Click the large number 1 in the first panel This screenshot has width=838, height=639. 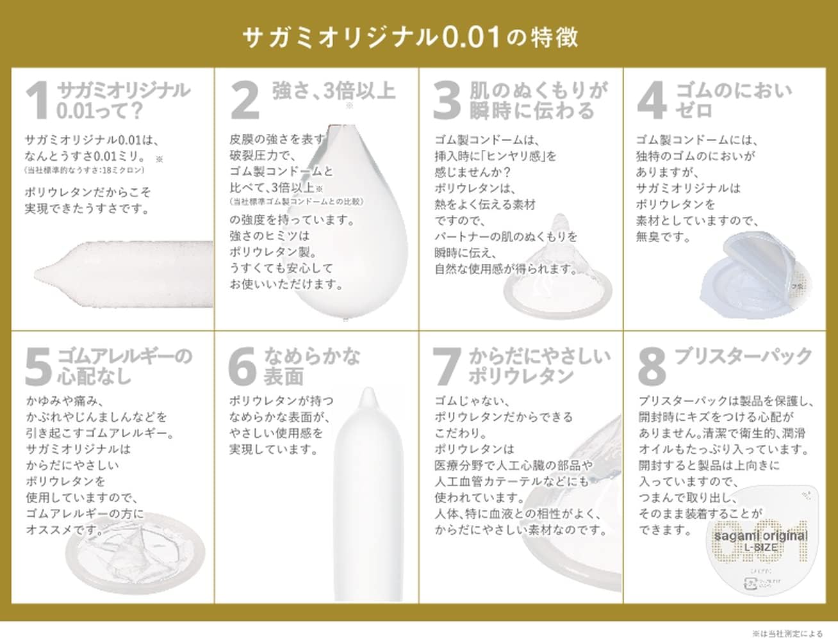pos(38,100)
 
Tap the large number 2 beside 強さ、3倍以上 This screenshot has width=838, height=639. pos(245,100)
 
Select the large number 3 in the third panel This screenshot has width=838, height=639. pos(447,100)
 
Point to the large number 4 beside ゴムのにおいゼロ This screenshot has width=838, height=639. pos(652,100)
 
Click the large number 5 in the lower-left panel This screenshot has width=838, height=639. pos(38,366)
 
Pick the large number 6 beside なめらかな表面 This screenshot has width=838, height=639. pos(243,366)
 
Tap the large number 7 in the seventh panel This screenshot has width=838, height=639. pos(447,366)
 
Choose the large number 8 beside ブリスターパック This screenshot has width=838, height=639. pos(652,366)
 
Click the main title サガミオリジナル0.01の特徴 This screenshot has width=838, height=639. pos(410,37)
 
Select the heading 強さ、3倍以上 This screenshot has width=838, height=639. pos(333,91)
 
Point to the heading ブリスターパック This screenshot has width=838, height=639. pos(743,356)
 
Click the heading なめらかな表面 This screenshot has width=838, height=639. pos(312,366)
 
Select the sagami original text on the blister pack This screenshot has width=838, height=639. pos(760,535)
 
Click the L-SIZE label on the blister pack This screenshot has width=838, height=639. pos(760,548)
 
